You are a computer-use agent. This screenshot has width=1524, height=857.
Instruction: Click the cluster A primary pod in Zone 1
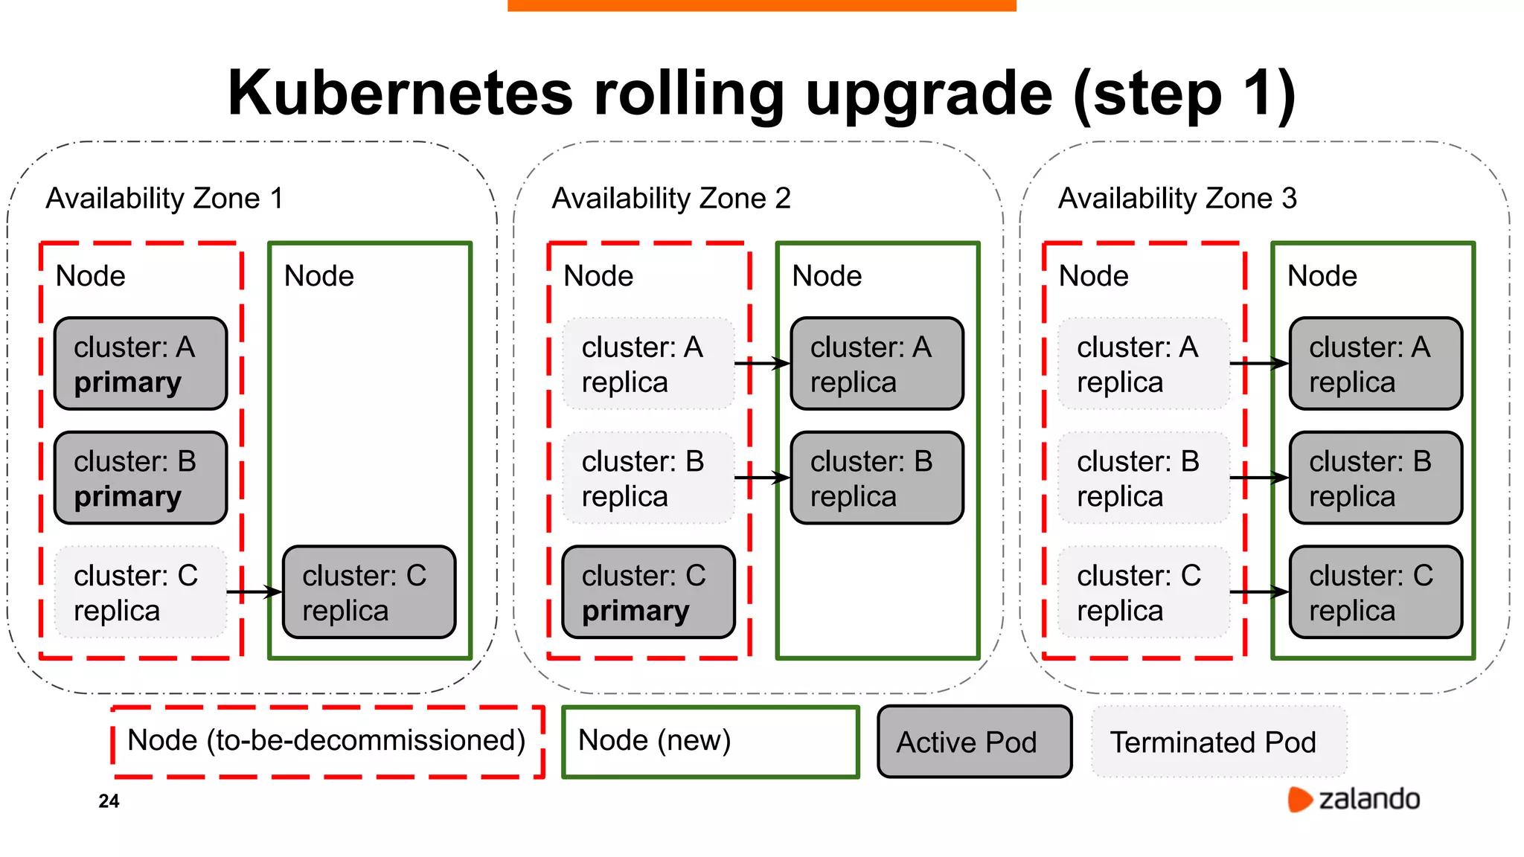click(x=140, y=364)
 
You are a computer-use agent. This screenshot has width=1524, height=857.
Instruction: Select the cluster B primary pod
click(x=140, y=478)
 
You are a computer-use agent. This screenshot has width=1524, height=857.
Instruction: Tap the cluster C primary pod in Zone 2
click(x=647, y=592)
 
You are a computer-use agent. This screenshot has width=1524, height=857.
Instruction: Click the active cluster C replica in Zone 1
click(x=369, y=592)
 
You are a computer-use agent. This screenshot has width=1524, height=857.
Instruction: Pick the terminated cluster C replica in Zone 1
click(x=140, y=592)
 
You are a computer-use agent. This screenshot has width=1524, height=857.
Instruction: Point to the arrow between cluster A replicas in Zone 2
click(x=762, y=364)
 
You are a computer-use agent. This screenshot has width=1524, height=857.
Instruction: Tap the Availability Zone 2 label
click(x=670, y=199)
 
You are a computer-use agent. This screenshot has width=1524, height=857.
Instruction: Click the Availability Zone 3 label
click(x=1177, y=199)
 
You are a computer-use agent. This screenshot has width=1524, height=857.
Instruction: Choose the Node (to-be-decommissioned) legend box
click(x=327, y=742)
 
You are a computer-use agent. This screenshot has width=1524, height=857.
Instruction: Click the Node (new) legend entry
click(x=710, y=742)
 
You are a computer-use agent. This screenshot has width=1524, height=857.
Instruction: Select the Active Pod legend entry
click(x=974, y=742)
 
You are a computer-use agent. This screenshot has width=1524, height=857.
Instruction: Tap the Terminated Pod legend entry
click(x=1218, y=742)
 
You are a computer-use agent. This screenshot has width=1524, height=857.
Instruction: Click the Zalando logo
click(x=1354, y=799)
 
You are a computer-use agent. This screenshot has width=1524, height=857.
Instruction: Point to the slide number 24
click(x=109, y=801)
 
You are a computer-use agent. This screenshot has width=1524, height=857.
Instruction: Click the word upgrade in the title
click(x=929, y=94)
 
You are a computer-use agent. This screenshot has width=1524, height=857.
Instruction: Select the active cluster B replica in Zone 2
click(x=877, y=478)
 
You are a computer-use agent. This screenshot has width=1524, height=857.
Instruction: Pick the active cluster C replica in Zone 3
click(x=1375, y=592)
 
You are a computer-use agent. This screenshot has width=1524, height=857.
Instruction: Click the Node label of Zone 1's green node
click(x=318, y=276)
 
